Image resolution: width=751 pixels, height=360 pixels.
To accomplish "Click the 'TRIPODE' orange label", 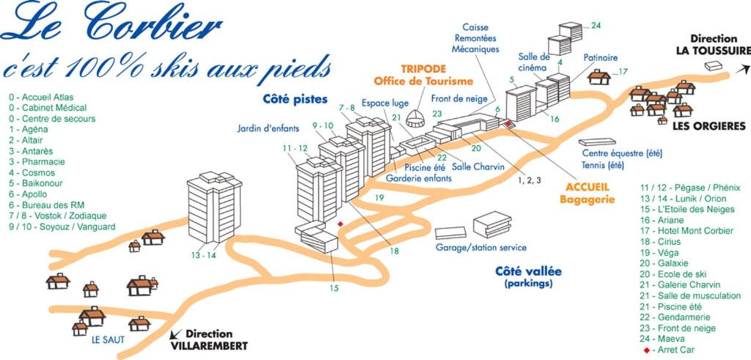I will click(x=423, y=68).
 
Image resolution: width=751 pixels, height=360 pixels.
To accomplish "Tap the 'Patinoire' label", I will click(x=600, y=57).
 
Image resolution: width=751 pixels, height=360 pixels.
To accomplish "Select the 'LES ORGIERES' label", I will click(x=708, y=126).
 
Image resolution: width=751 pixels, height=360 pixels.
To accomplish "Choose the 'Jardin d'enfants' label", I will click(x=268, y=128).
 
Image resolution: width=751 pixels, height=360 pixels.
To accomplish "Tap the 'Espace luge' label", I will click(x=385, y=103).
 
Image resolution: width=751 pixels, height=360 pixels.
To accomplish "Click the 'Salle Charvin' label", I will click(x=478, y=167).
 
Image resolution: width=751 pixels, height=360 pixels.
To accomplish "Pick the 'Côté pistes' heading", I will click(x=295, y=98).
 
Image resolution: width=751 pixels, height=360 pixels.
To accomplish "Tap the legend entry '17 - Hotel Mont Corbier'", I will click(x=686, y=230).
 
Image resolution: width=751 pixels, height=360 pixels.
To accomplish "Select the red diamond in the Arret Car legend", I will click(x=645, y=350).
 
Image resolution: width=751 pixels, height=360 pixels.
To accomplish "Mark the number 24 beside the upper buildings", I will click(x=596, y=26).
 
